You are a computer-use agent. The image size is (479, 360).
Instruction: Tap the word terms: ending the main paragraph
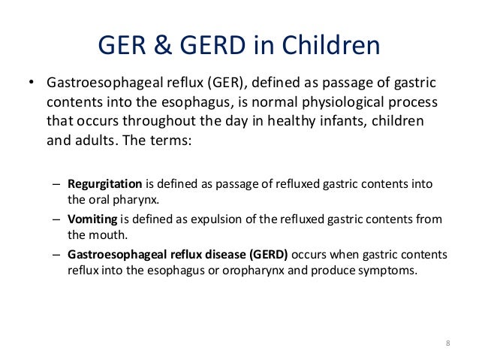(x=174, y=140)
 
